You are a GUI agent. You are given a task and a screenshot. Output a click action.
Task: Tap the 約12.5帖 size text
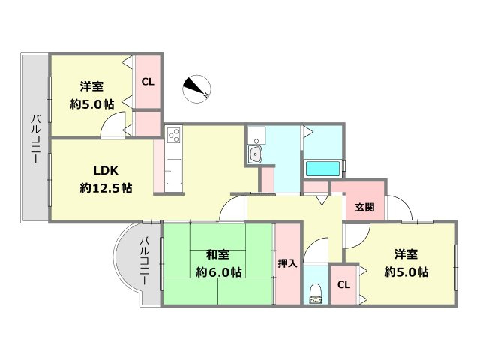106,188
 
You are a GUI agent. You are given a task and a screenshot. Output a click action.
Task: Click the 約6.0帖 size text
218,271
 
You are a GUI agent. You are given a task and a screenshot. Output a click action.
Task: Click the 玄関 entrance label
364,206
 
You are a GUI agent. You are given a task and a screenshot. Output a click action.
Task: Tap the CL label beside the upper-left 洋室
148,82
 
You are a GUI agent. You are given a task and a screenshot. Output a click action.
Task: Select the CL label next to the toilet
343,285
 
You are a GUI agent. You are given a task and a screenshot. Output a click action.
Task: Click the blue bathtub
323,166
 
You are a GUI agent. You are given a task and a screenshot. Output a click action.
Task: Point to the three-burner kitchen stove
174,136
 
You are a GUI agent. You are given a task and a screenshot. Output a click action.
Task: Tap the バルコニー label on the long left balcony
36,136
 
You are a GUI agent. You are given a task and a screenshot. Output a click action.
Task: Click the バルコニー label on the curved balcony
144,265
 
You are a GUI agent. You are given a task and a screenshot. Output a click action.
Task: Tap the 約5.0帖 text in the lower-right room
407,271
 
